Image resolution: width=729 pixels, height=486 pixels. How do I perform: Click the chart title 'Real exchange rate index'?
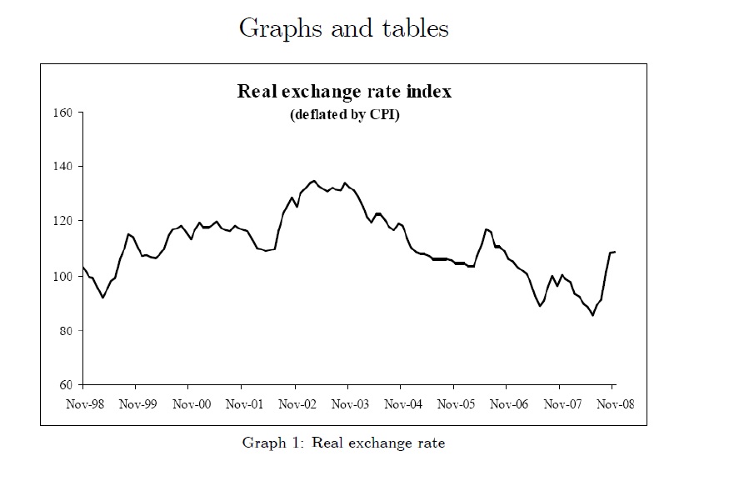pos(344,92)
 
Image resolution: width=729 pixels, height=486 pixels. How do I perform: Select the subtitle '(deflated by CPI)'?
pos(344,115)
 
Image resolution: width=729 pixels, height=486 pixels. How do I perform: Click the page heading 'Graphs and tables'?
pos(344,28)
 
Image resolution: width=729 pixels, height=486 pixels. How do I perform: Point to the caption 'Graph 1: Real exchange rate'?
pos(343,443)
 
